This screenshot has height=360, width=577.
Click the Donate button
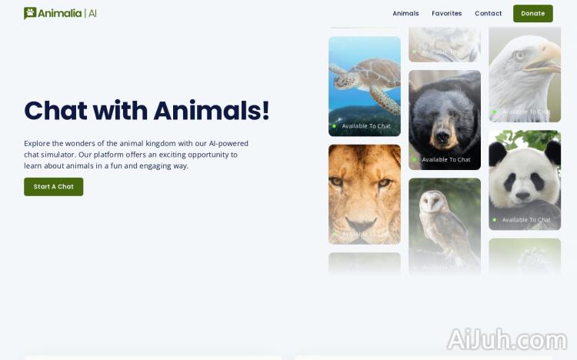[x=532, y=13]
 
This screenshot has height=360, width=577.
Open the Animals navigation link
[x=405, y=13]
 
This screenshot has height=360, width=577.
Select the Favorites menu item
[x=446, y=13]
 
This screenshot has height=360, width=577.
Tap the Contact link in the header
[x=488, y=13]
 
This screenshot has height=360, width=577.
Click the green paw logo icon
[x=30, y=13]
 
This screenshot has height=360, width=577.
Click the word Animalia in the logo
[x=60, y=13]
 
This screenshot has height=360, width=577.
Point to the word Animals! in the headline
[x=211, y=111]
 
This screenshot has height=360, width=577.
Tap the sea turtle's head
[x=339, y=71]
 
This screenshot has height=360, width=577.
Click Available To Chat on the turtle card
[x=366, y=126]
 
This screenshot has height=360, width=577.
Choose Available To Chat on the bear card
[x=446, y=160]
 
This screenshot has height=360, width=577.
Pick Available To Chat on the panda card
[x=526, y=220]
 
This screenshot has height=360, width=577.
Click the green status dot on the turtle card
[x=334, y=126]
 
